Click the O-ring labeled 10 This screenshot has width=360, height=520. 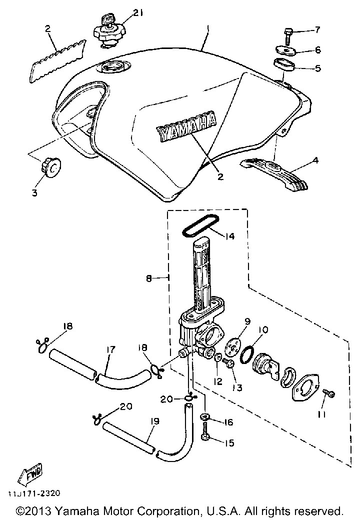tap(247, 356)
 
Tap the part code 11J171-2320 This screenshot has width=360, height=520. tap(33, 493)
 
